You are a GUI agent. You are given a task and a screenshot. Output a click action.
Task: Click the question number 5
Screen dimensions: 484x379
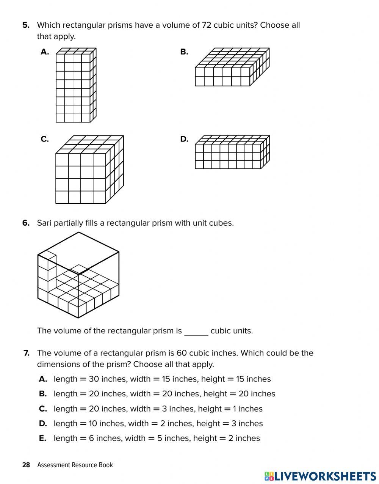[26, 25]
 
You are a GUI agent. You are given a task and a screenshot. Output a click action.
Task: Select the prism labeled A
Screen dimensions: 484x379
[76, 85]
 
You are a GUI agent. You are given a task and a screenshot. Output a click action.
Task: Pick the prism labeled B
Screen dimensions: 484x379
[232, 67]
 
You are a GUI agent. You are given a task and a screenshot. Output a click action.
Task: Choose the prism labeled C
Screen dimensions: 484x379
[89, 170]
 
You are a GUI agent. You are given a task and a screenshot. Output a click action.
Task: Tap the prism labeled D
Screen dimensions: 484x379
[232, 152]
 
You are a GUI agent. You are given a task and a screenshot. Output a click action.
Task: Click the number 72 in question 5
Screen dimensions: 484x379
[207, 25]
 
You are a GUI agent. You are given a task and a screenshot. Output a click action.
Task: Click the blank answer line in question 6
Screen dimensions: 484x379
[196, 332]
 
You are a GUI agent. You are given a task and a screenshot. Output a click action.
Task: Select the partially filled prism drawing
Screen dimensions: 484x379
[78, 275]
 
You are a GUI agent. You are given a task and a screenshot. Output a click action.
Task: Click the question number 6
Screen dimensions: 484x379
[26, 223]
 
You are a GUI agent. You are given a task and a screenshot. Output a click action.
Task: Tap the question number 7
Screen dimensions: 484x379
[26, 353]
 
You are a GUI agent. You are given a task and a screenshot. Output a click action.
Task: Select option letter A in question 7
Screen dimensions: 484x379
[43, 379]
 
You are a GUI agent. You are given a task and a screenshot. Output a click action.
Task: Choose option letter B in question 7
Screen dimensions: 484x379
[43, 394]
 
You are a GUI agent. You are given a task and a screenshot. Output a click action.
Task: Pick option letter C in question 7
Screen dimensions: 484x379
[43, 409]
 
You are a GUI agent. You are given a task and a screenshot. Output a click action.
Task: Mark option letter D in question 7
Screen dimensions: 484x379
[43, 424]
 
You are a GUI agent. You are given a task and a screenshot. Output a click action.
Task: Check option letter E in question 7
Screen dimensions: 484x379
[43, 438]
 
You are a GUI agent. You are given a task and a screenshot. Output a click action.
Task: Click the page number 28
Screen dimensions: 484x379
[26, 465]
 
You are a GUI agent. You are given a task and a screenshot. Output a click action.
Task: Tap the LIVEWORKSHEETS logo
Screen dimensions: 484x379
[320, 476]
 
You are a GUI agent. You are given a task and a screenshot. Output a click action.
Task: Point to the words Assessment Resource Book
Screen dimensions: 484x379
[75, 465]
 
